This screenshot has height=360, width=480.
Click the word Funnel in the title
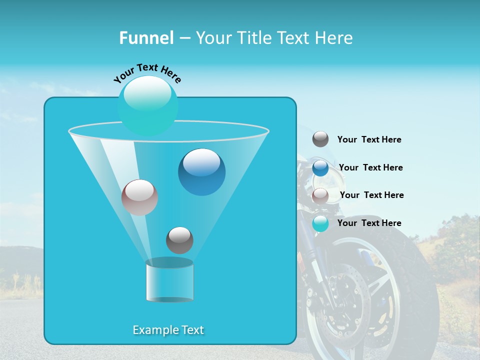146,38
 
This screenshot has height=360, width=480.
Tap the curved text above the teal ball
147,73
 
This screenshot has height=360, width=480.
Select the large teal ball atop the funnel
148,105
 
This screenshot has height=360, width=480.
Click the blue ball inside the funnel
201,171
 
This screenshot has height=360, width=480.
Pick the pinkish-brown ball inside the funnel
139,197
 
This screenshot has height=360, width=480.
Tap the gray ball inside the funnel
179,240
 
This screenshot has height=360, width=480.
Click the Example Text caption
168,330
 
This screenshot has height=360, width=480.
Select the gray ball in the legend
320,139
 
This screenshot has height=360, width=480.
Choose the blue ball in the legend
320,168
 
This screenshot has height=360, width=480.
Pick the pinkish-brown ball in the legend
320,195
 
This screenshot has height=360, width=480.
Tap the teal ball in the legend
320,223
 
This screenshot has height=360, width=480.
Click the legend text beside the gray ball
369,140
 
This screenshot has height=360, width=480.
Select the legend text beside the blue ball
370,167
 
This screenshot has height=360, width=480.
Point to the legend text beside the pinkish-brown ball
371,195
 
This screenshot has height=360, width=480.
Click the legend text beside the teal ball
369,223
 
